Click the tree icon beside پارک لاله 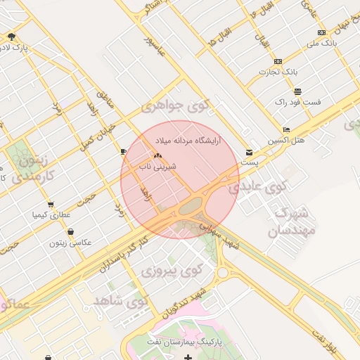11,37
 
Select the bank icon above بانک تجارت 278,61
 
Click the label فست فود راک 298,102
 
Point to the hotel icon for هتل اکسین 285,130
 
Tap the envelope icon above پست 250,153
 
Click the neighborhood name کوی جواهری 175,106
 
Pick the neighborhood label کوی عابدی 259,187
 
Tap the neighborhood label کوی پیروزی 172,269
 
